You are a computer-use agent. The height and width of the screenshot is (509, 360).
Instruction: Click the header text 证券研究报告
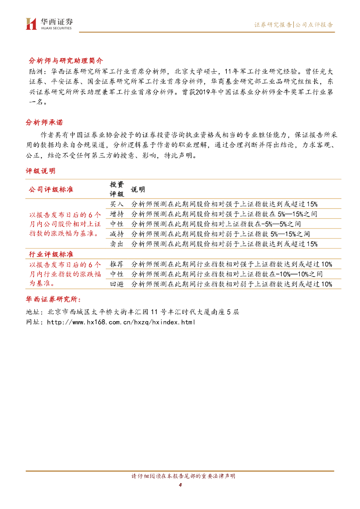(273, 24)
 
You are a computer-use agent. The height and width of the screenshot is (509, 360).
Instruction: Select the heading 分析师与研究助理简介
(64, 60)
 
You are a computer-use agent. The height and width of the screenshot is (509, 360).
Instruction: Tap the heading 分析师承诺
(44, 122)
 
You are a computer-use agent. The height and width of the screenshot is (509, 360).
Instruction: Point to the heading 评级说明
(41, 170)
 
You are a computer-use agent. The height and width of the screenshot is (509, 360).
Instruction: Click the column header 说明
(138, 189)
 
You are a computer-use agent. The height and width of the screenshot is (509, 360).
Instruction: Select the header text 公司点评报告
(314, 24)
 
